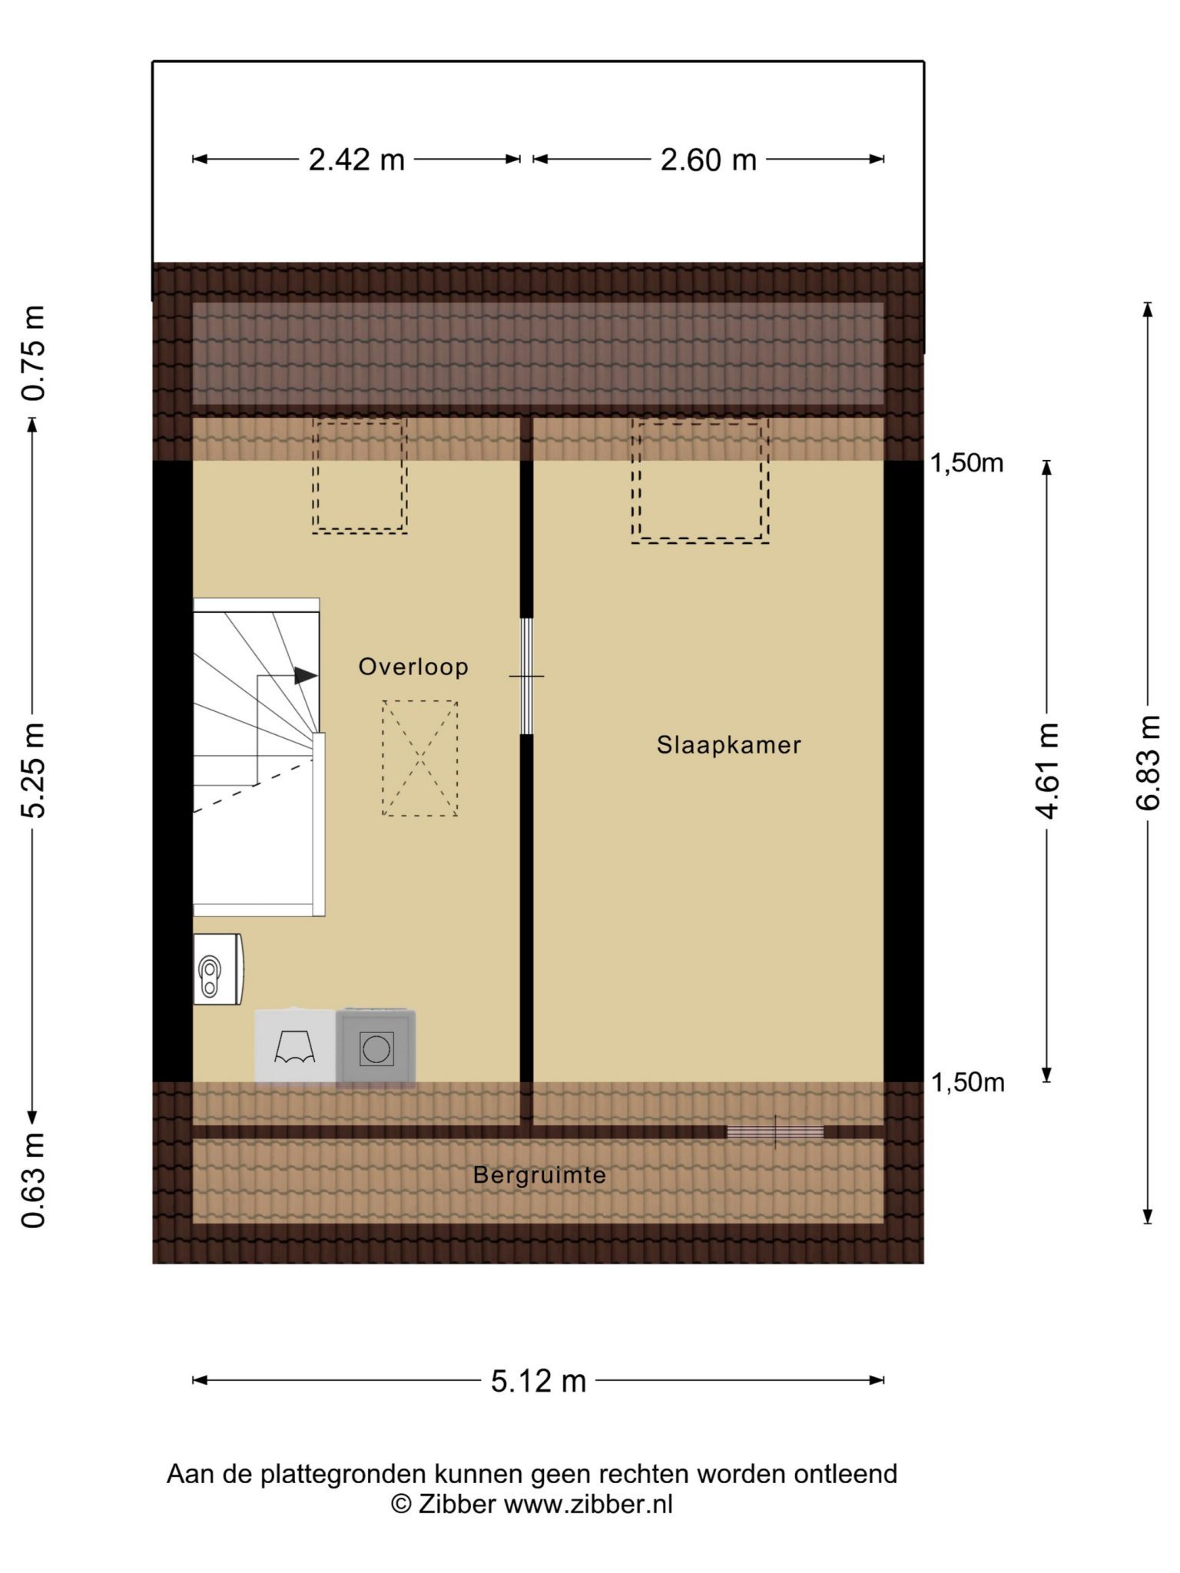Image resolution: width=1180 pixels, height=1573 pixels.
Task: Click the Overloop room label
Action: pos(413,667)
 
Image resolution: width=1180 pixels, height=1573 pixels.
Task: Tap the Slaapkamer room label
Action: pos(728,745)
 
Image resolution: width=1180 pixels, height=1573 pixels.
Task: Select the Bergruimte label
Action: pos(539,1175)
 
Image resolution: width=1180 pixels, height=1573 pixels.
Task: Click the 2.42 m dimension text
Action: pos(356,160)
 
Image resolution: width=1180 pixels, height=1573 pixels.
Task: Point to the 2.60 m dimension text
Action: pos(708,160)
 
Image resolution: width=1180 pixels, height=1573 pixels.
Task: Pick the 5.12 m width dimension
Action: pos(539,1381)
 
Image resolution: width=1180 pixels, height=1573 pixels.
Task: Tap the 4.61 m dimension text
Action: pos(1048,770)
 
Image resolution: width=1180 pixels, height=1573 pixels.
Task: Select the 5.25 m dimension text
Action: pos(34,770)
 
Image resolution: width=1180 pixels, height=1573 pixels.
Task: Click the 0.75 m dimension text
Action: pos(34,353)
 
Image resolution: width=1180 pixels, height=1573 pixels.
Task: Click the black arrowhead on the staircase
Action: pos(307,676)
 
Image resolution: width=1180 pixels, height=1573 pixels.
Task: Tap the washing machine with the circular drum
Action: pos(376,1048)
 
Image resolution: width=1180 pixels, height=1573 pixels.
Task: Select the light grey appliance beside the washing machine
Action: pos(296,1048)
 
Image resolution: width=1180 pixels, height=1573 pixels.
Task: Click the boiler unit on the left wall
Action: pos(218,969)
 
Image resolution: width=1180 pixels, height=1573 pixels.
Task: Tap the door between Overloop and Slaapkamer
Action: pos(526,676)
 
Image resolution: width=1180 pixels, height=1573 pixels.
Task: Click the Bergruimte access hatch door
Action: pos(775,1132)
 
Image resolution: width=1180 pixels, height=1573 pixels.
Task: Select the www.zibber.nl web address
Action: pos(588,1504)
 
